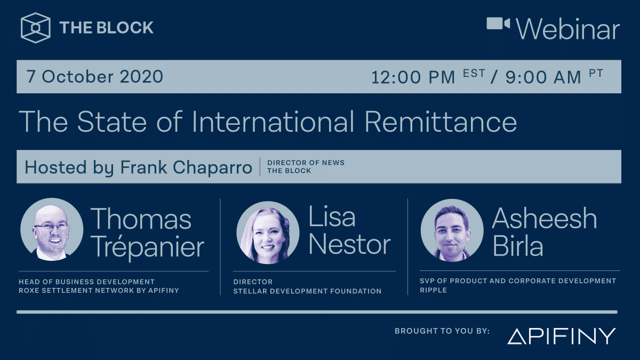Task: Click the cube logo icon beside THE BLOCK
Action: coord(36,28)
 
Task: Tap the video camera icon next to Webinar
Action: coord(498,24)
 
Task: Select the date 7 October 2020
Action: coord(94,77)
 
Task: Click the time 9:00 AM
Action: coord(543,77)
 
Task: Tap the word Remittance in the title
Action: coord(441,122)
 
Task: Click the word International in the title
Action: coord(273,122)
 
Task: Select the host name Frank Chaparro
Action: coord(186,167)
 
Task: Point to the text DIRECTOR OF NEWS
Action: coord(306,163)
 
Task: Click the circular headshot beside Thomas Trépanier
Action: coord(52,230)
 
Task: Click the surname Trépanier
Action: coord(147,247)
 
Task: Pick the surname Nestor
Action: coord(349,245)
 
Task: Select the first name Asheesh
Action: coord(544,219)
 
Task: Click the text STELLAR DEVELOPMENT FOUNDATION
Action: coord(307,291)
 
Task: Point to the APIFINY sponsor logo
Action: coord(561,336)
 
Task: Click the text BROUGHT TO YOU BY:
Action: coord(442,331)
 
